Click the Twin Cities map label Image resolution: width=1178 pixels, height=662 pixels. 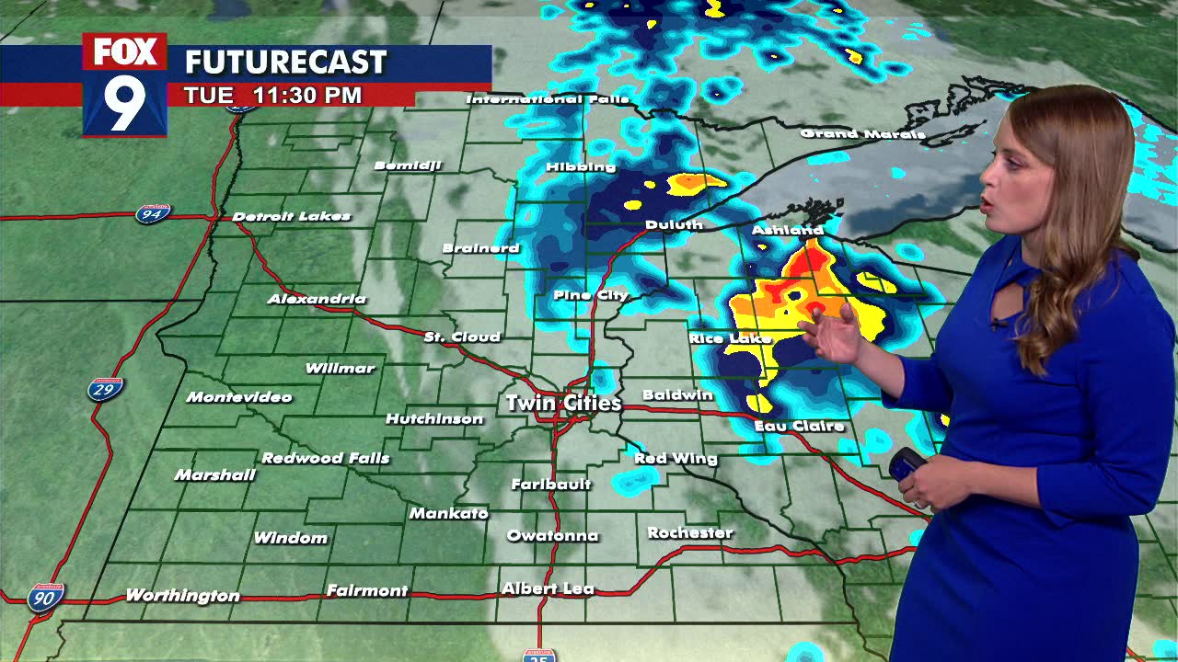pyautogui.click(x=563, y=403)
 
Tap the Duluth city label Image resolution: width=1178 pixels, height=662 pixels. pyautogui.click(x=674, y=224)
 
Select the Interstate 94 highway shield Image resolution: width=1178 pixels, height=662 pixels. pyautogui.click(x=153, y=214)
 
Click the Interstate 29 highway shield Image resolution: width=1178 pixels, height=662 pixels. pyautogui.click(x=106, y=389)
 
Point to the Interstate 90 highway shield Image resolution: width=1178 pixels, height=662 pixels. pyautogui.click(x=45, y=597)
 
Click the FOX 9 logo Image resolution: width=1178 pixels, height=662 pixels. pyautogui.click(x=125, y=85)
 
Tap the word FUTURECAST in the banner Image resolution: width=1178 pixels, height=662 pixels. pyautogui.click(x=285, y=63)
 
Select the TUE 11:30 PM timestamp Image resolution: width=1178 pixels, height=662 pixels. pyautogui.click(x=272, y=95)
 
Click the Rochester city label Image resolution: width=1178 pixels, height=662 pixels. pyautogui.click(x=690, y=532)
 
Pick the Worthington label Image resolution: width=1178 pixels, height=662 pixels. pyautogui.click(x=182, y=596)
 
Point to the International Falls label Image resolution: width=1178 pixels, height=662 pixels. pyautogui.click(x=548, y=98)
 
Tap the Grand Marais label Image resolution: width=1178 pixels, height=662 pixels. pyautogui.click(x=862, y=133)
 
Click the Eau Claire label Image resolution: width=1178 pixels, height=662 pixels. pyautogui.click(x=799, y=426)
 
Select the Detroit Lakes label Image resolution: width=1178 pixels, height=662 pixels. pyautogui.click(x=291, y=216)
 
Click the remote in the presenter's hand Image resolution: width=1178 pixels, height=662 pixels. pyautogui.click(x=907, y=463)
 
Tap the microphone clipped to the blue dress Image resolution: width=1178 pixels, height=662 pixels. pyautogui.click(x=997, y=323)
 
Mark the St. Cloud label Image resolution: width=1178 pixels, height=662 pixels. pyautogui.click(x=462, y=337)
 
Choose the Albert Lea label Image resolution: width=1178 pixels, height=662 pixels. pyautogui.click(x=548, y=588)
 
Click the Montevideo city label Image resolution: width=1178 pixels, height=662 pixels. pyautogui.click(x=239, y=397)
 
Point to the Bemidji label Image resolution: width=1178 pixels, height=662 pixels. pyautogui.click(x=408, y=165)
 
